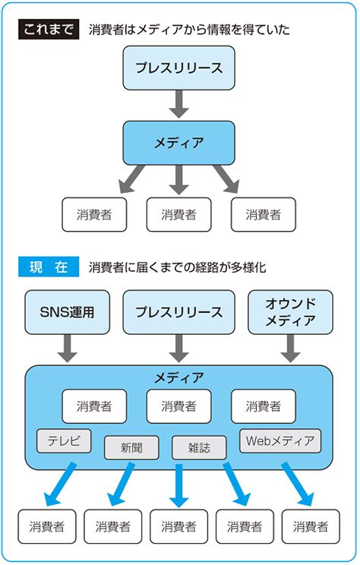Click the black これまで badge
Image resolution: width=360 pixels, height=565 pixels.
pyautogui.click(x=49, y=30)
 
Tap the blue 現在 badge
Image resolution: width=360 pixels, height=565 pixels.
pyautogui.click(x=49, y=267)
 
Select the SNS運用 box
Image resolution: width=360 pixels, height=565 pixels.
pyautogui.click(x=66, y=312)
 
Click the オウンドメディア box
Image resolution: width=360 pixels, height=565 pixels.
pyautogui.click(x=290, y=312)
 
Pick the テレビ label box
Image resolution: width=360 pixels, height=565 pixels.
pyautogui.click(x=64, y=440)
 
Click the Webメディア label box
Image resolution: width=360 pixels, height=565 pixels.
pyautogui.click(x=280, y=440)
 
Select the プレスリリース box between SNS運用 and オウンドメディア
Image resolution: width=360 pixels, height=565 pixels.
pyautogui.click(x=178, y=312)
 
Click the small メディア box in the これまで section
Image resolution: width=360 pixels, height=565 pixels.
pyautogui.click(x=178, y=142)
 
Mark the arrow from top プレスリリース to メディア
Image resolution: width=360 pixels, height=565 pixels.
pyautogui.click(x=178, y=103)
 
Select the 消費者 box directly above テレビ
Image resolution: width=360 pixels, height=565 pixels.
pyautogui.click(x=94, y=406)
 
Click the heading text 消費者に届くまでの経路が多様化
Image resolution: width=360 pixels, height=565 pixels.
pyautogui.click(x=177, y=267)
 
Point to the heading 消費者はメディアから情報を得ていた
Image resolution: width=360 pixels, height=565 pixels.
pyautogui.click(x=189, y=30)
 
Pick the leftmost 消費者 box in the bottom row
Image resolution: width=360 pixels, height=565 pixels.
pyautogui.click(x=47, y=526)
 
